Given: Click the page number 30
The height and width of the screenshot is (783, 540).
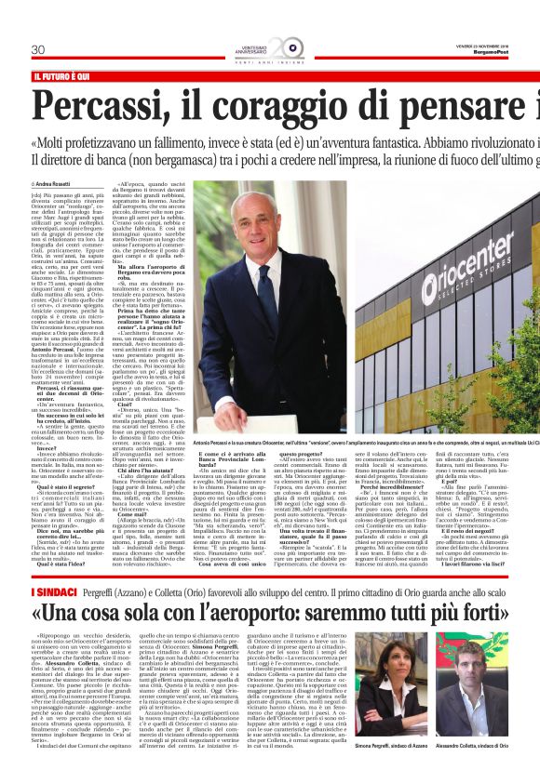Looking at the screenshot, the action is tap(39, 48).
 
